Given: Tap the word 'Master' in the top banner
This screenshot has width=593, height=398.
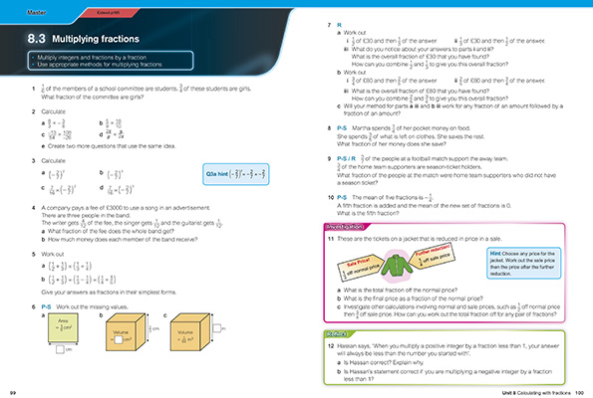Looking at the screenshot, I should pyautogui.click(x=22, y=7).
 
